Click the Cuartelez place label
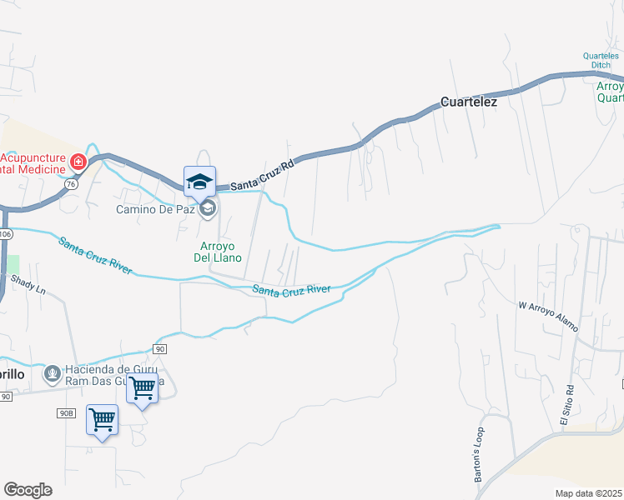468,102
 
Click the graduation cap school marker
200,181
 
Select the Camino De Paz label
155,208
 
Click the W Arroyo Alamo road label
548,316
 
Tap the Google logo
28,490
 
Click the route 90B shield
67,412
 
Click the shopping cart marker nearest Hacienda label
143,388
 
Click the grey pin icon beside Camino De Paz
209,208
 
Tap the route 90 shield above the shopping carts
160,347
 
